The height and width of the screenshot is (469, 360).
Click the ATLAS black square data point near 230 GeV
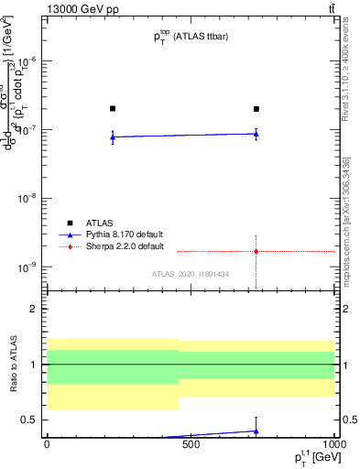click(x=113, y=108)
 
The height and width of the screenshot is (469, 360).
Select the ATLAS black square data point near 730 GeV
click(x=256, y=109)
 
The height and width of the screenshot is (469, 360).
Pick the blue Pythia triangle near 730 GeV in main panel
click(x=256, y=134)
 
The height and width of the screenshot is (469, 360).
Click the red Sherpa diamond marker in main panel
click(x=256, y=251)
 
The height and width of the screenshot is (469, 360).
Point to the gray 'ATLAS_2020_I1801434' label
click(x=191, y=274)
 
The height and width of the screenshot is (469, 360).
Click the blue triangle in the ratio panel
click(x=256, y=431)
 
